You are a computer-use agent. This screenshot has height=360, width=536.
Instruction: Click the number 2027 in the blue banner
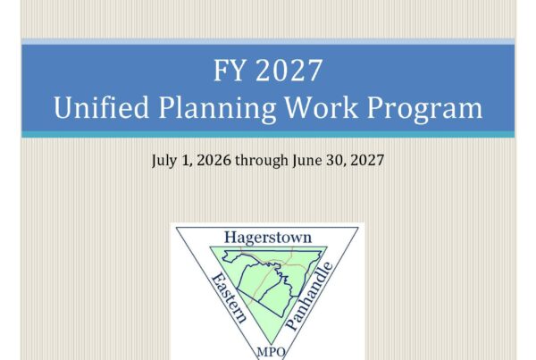[x=289, y=70]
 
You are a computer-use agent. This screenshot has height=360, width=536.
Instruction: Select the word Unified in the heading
[x=101, y=107]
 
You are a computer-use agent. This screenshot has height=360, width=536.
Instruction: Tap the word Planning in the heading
[x=217, y=109]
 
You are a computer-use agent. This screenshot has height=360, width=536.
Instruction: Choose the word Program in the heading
[x=424, y=109]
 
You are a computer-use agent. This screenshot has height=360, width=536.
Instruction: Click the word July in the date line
[x=163, y=160]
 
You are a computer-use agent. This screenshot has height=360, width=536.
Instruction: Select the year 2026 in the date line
[x=214, y=160]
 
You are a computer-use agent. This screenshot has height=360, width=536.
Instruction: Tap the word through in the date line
[x=262, y=160]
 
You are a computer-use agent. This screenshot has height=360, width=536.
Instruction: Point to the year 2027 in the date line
[x=367, y=160]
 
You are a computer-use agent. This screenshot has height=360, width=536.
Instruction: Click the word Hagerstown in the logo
[x=268, y=238]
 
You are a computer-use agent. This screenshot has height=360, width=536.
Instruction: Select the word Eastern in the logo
[x=229, y=297]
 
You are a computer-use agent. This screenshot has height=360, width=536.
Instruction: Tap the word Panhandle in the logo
[x=309, y=296]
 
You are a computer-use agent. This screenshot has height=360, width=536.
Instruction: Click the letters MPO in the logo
[x=271, y=352]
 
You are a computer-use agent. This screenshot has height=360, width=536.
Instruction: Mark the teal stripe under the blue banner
[x=268, y=134]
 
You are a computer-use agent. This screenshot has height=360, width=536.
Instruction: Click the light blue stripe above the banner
[x=268, y=41]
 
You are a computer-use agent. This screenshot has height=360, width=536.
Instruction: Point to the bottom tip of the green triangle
[x=271, y=345]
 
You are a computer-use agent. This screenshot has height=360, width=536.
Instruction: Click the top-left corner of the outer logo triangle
[x=176, y=228]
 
